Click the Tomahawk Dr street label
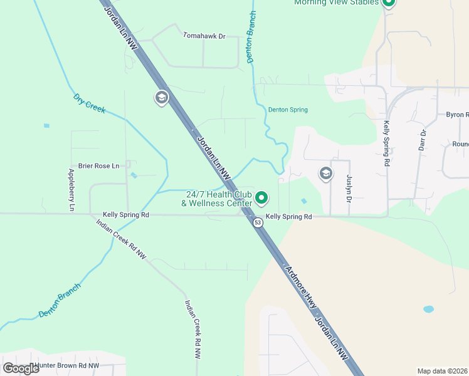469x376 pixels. pos(204,36)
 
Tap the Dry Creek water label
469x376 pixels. pos(89,103)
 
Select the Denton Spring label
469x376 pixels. pos(288,110)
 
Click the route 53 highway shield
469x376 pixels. pos(258,222)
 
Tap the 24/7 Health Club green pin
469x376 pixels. pos(262,199)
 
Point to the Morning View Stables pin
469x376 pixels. pos(388,3)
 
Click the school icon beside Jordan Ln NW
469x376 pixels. pos(161,97)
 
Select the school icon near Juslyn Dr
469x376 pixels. pos(325,173)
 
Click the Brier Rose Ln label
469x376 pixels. pos(98,166)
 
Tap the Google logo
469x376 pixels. pos(21,368)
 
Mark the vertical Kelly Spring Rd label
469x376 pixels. pos(387,144)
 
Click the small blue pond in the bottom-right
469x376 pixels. pos(428,309)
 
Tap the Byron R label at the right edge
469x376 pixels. pos(457,115)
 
